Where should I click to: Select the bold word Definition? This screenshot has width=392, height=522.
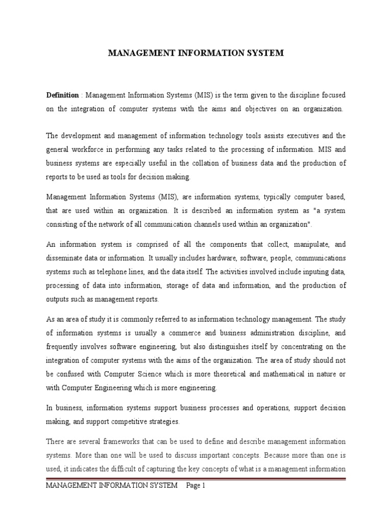[62, 95]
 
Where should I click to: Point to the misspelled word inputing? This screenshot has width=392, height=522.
[303, 272]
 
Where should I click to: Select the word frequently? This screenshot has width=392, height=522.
[64, 347]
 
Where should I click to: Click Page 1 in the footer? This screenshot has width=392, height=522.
[195, 486]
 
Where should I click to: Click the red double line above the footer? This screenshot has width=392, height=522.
[196, 479]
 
